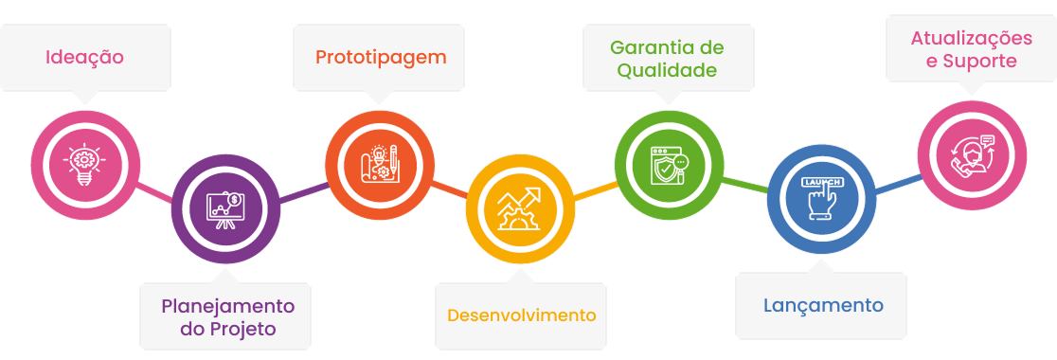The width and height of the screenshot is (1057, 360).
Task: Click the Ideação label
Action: point(84,57)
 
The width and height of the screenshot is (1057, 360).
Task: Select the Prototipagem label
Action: point(380,57)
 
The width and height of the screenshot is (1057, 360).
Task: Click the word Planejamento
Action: point(227,306)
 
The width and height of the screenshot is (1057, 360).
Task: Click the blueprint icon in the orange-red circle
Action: point(380,161)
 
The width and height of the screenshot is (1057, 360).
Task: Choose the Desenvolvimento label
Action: point(522,315)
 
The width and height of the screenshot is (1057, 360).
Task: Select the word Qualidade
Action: point(667,70)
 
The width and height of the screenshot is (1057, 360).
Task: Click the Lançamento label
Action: point(823,305)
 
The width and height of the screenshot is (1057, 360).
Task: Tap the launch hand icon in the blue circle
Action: point(820,197)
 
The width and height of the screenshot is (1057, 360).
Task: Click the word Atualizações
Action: point(971,39)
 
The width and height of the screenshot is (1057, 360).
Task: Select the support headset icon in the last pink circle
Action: point(973,153)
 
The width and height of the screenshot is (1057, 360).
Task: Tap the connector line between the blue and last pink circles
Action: point(896,184)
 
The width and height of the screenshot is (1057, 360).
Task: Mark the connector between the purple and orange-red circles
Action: point(303,191)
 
